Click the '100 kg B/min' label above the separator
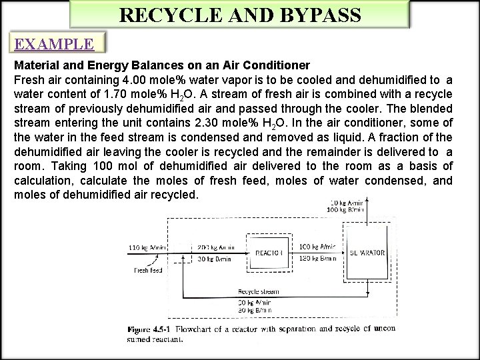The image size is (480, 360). pos(346,209)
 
